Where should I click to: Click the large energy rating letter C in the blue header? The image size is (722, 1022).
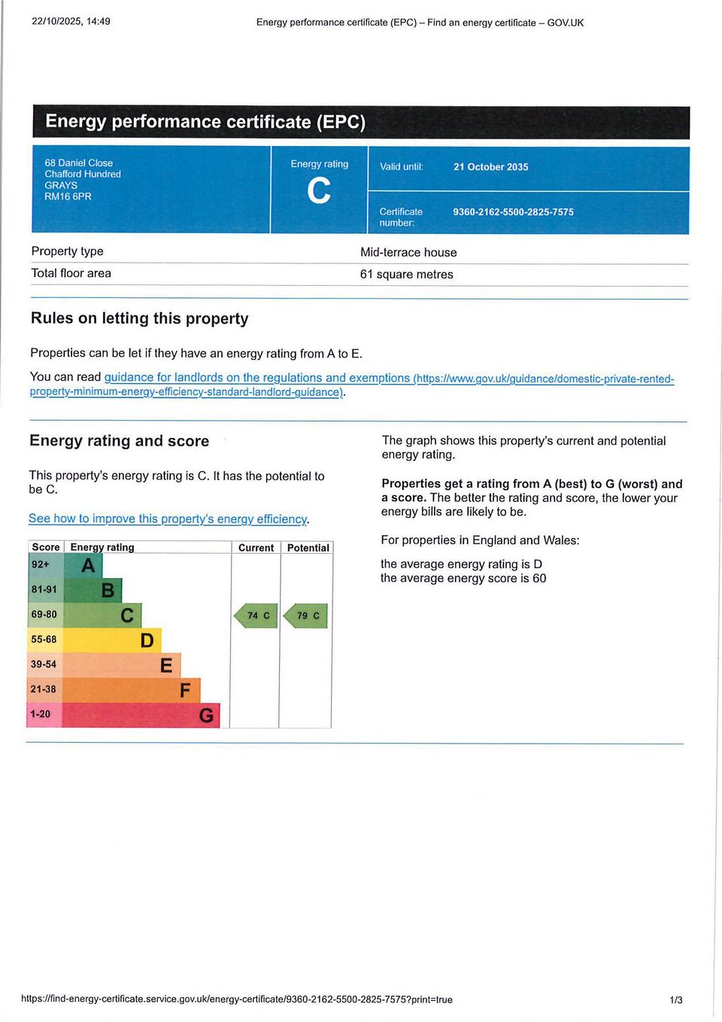tap(319, 191)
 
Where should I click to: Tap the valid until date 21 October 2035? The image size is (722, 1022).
tap(490, 167)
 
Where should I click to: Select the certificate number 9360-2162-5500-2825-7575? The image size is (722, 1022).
tap(513, 212)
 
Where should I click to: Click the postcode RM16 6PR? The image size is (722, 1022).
tap(68, 196)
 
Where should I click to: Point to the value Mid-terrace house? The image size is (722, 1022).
tap(408, 253)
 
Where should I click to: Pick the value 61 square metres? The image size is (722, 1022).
tap(406, 275)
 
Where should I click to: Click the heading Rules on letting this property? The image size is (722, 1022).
tap(139, 318)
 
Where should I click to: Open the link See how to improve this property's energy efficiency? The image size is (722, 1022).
tap(168, 519)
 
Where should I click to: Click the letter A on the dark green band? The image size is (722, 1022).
tap(88, 565)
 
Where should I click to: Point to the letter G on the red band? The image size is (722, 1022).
tap(205, 715)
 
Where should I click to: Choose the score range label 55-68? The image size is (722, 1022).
tap(44, 640)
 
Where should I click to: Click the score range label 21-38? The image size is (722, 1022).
tap(43, 689)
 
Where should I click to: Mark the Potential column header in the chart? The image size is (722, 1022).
tap(308, 548)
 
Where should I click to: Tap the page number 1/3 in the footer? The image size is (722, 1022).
tap(675, 1000)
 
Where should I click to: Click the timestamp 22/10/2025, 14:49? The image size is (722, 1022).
tap(71, 21)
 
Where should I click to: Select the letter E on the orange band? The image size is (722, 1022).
tap(166, 665)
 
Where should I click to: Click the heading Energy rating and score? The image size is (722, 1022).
tap(119, 441)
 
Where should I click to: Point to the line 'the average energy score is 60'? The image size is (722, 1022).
tap(463, 579)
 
